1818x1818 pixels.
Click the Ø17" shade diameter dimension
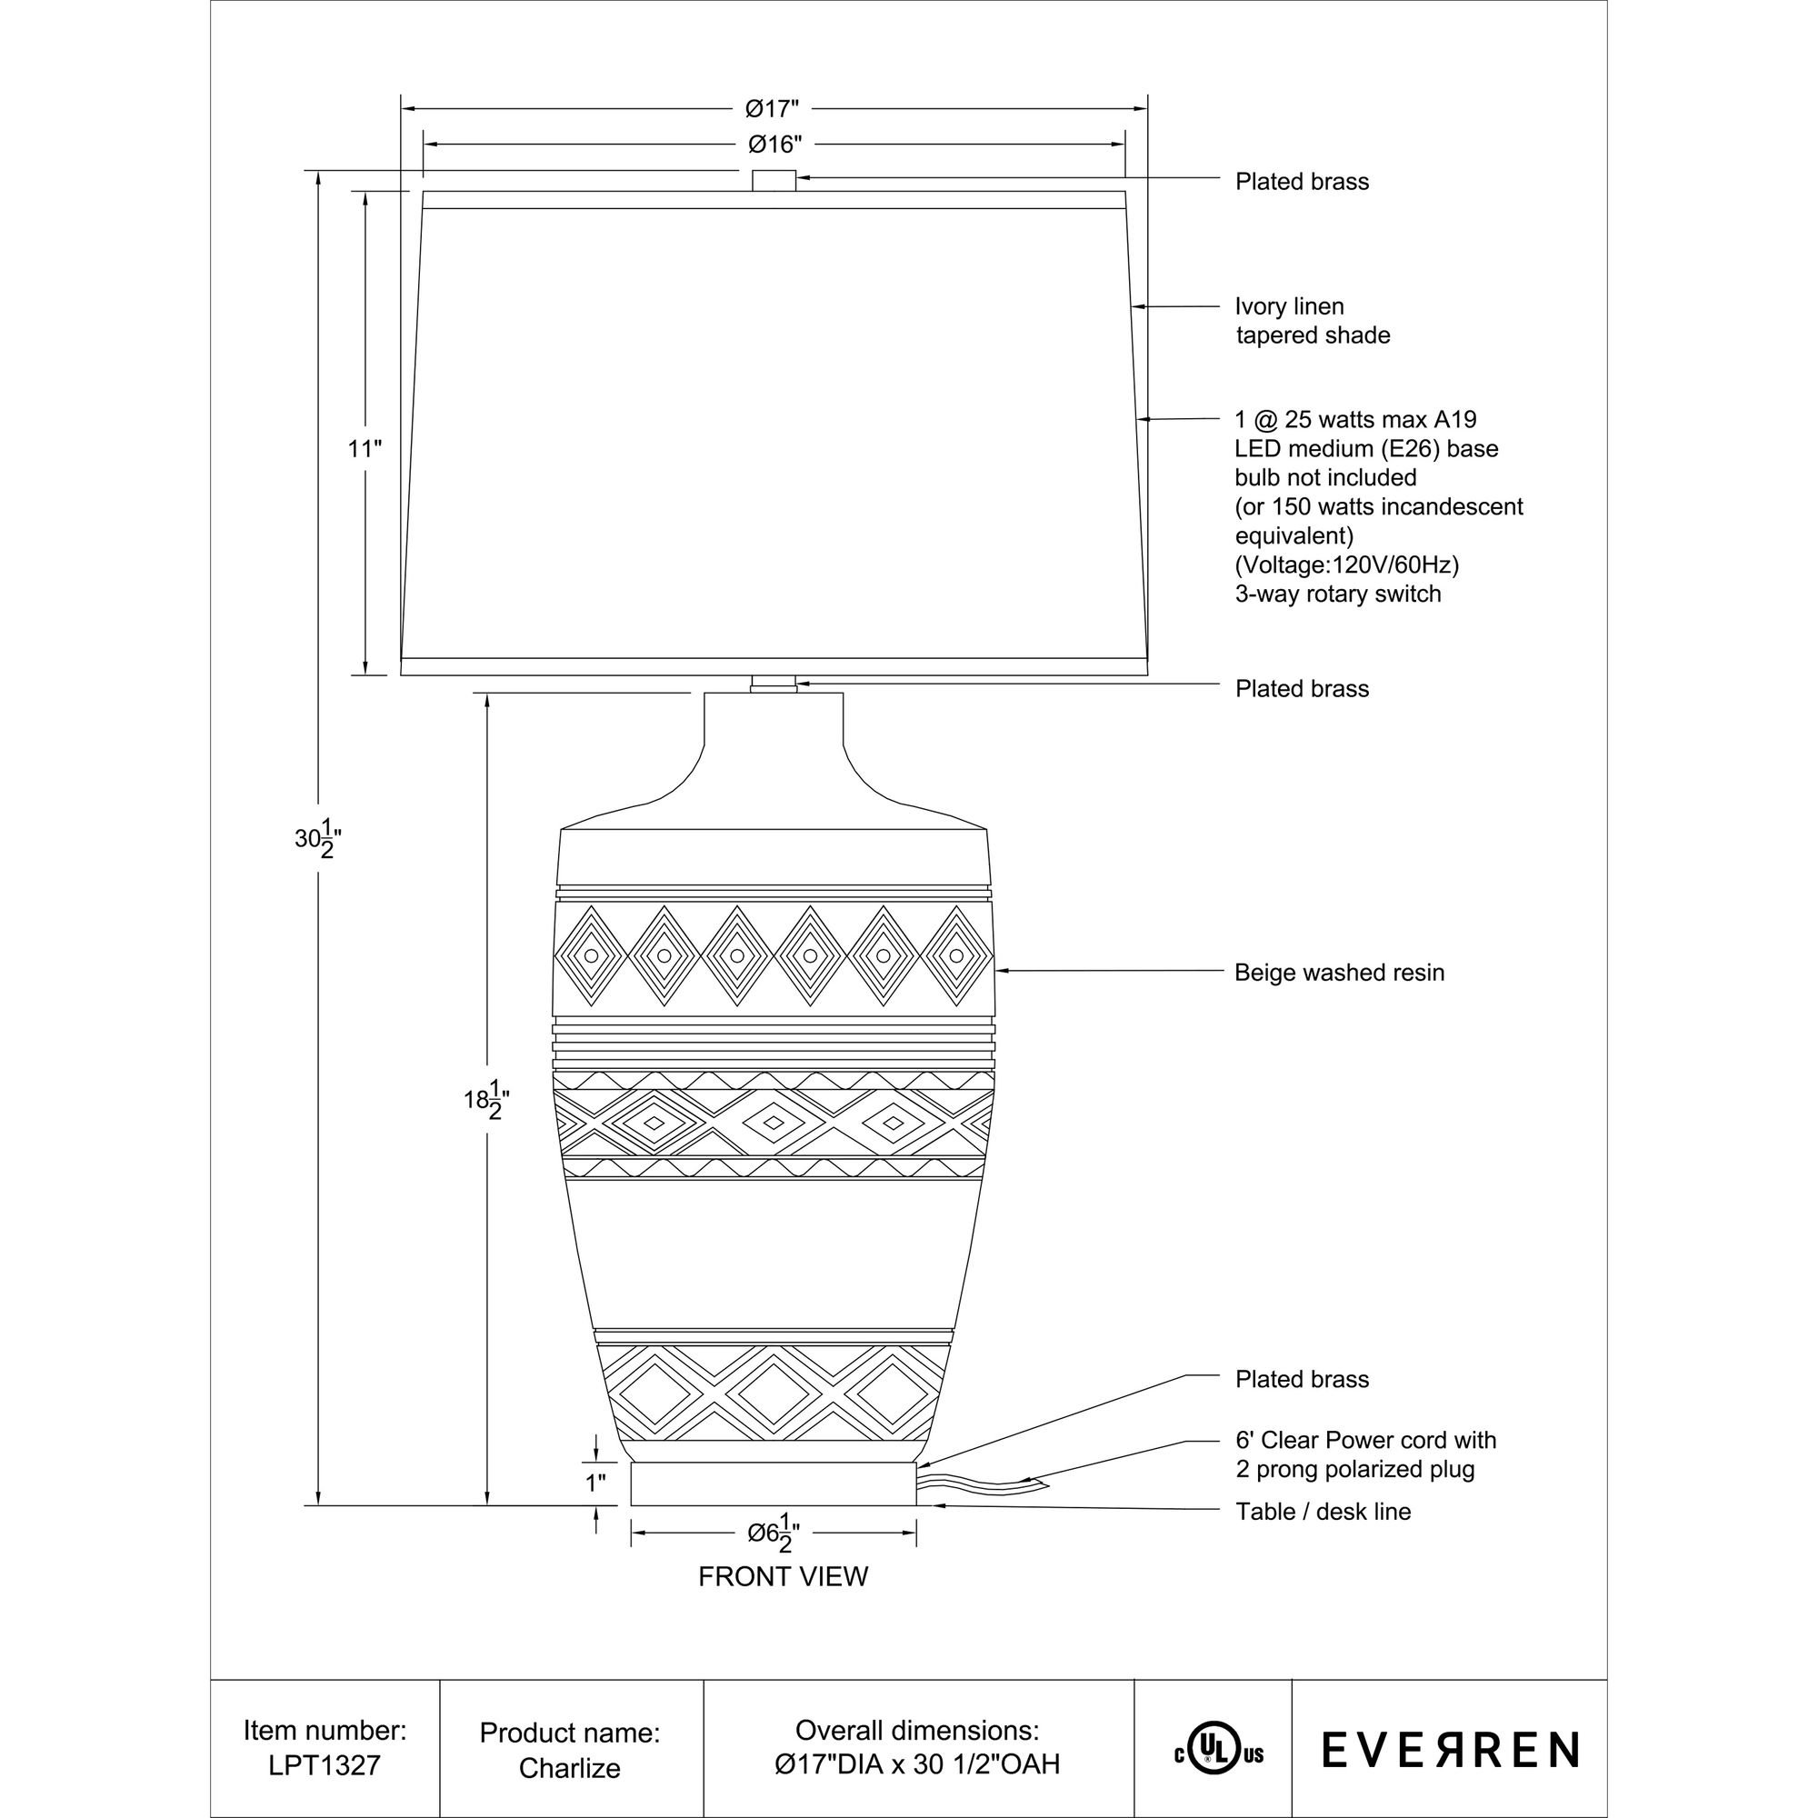click(773, 109)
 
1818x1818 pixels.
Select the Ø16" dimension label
click(774, 145)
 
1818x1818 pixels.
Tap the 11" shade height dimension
click(365, 449)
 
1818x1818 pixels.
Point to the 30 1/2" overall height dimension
click(317, 837)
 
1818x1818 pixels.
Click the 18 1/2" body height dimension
click(486, 1099)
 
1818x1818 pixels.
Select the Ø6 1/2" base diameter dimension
click(774, 1533)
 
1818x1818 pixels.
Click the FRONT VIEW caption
click(783, 1577)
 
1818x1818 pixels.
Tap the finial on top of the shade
click(774, 181)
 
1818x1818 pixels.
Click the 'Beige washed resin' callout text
click(1339, 972)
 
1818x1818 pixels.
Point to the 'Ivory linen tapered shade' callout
click(1312, 321)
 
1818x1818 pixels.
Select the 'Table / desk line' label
click(1323, 1512)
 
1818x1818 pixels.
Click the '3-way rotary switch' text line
click(1337, 594)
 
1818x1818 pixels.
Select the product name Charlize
click(569, 1768)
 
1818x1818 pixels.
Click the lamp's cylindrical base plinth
click(774, 1484)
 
